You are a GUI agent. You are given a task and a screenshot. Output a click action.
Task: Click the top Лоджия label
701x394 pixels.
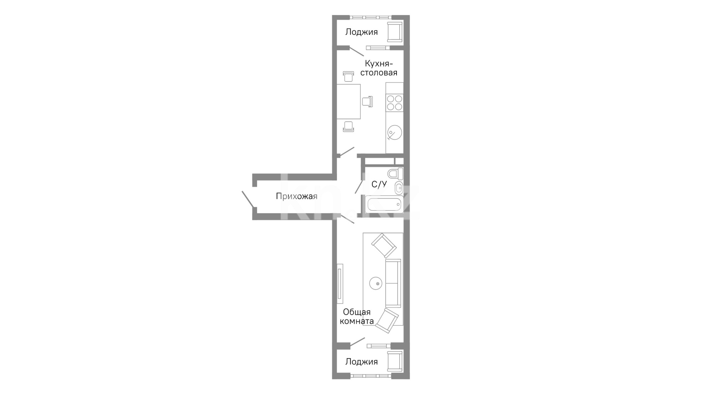361,32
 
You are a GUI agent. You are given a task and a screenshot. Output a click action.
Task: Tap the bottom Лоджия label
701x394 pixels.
361,362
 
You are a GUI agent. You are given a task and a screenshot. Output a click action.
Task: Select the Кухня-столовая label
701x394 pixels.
379,68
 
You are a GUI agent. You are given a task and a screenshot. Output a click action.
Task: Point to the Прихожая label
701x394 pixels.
296,197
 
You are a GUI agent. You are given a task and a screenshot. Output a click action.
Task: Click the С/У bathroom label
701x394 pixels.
379,184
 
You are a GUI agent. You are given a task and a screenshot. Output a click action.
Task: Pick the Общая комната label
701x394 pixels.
357,317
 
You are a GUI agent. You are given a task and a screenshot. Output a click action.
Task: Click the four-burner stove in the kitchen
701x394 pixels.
394,103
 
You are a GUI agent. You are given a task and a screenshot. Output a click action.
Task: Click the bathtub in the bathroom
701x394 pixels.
384,205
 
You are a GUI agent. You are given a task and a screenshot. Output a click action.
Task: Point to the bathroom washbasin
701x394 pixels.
399,188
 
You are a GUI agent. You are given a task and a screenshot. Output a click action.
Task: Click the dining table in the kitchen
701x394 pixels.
349,101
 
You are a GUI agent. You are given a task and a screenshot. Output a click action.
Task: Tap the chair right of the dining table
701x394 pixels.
368,101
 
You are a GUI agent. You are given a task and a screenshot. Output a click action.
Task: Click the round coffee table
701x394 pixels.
376,283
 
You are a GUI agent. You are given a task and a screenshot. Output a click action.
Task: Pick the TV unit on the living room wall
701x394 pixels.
340,283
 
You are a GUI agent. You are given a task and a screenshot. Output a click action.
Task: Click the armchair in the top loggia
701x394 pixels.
395,32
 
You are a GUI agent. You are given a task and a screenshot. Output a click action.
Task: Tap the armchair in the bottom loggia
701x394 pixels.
395,362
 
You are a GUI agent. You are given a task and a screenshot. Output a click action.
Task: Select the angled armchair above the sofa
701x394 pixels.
384,246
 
